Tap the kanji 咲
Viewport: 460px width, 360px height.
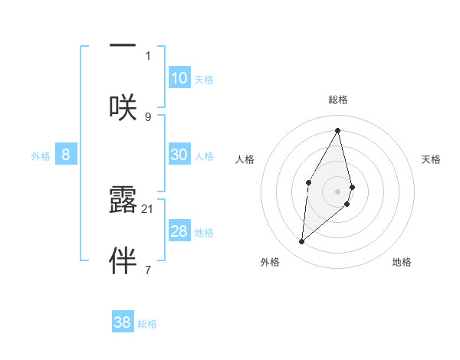(123, 106)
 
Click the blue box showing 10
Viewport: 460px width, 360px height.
(179, 78)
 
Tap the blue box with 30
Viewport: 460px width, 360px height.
(179, 155)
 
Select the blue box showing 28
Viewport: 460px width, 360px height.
(179, 231)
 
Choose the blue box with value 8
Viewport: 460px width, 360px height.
(65, 155)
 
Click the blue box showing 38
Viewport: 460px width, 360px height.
(122, 322)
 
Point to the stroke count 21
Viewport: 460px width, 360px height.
(148, 208)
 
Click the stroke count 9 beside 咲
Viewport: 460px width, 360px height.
(148, 116)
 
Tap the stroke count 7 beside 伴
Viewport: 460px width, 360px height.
(148, 270)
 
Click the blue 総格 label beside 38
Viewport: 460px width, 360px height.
(147, 324)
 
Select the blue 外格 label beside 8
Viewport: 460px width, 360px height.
(41, 156)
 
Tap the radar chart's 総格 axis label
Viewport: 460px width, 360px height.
(338, 100)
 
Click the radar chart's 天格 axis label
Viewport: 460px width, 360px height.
(432, 159)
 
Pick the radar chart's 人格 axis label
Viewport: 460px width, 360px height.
(245, 159)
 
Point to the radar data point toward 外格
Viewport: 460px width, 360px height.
(302, 241)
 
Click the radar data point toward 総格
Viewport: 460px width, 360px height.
(338, 130)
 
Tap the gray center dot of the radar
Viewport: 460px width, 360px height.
(338, 191)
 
